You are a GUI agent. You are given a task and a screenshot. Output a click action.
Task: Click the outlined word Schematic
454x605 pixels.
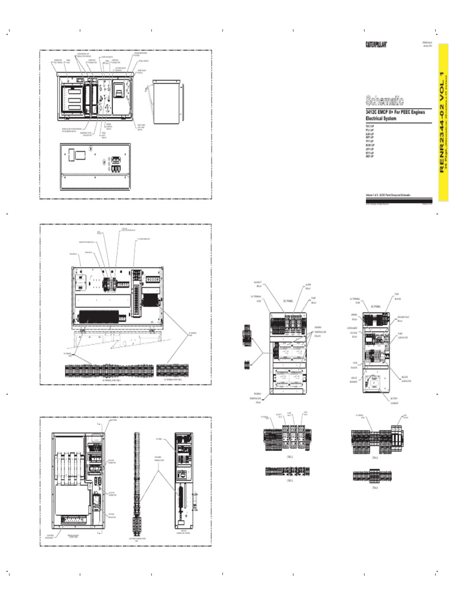tap(385, 101)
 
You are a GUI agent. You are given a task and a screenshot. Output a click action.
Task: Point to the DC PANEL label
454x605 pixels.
tap(288, 300)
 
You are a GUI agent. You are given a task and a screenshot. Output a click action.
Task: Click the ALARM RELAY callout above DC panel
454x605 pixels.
tap(308, 286)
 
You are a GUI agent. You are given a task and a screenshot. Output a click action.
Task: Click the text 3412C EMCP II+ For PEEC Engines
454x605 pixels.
tap(395, 112)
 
